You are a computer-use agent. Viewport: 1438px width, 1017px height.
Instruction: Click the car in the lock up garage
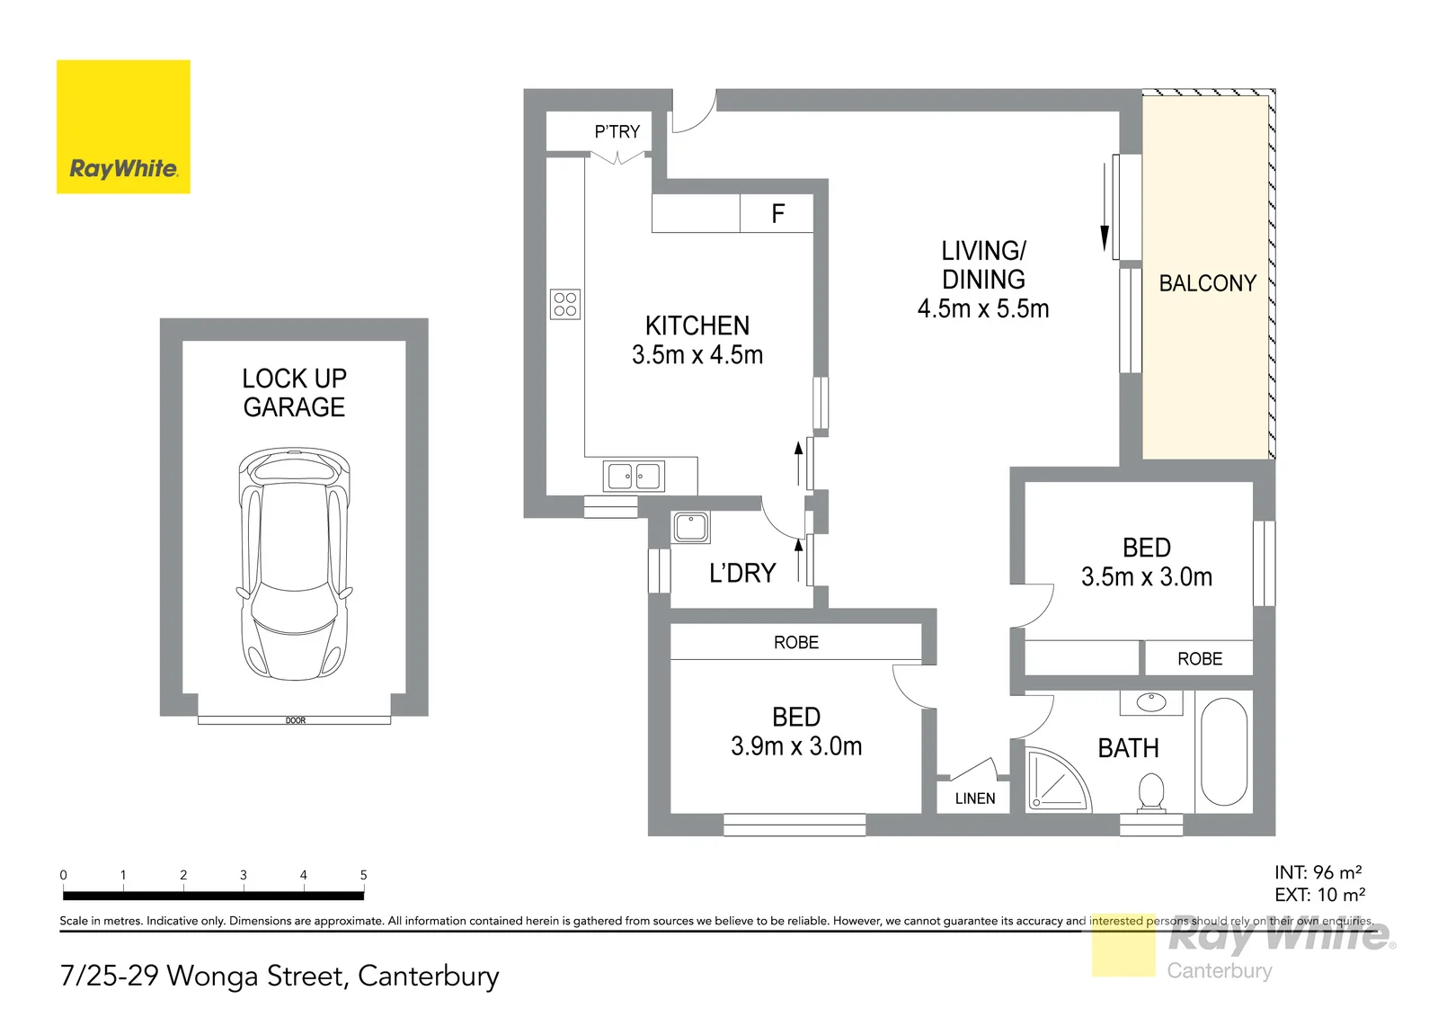[x=295, y=565]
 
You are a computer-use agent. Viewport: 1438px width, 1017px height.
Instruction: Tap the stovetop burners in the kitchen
[x=565, y=304]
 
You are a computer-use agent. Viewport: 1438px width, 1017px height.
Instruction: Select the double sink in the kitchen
[x=634, y=477]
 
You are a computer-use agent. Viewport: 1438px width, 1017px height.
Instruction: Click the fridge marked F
[x=777, y=213]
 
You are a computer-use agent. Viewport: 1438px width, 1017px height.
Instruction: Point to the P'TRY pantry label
[x=617, y=131]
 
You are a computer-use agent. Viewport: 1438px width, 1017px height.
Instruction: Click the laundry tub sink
[x=691, y=528]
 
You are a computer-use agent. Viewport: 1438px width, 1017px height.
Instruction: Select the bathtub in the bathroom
[x=1223, y=752]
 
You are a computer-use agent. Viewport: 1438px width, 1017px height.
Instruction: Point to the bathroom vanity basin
[x=1151, y=702]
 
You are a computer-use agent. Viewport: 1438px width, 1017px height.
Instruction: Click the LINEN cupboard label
[x=975, y=798]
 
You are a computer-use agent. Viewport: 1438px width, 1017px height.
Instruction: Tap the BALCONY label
[x=1208, y=283]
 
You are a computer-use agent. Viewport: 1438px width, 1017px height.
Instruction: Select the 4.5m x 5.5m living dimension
[x=983, y=309]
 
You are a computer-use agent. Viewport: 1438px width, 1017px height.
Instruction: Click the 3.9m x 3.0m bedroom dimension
[x=796, y=745]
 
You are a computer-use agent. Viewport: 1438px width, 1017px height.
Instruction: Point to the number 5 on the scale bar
[x=363, y=875]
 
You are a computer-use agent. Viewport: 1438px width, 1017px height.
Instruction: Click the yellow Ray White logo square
[x=123, y=127]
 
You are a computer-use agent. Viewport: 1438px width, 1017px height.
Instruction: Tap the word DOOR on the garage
[x=296, y=721]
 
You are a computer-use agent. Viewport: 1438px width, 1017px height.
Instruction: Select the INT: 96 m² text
[x=1318, y=872]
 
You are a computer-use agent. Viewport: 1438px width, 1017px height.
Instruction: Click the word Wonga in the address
[x=213, y=977]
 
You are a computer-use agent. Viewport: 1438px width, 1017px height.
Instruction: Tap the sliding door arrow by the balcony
[x=1105, y=208]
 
